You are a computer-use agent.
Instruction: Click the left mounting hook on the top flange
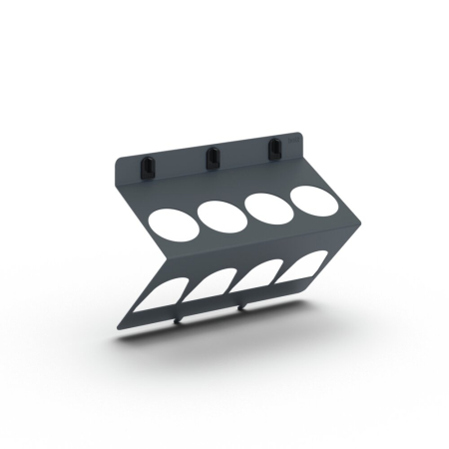pos(148,166)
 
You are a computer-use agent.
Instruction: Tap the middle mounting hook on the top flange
pos(212,158)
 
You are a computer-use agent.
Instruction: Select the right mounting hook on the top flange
pos(271,150)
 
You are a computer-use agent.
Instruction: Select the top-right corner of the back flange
pos(300,131)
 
